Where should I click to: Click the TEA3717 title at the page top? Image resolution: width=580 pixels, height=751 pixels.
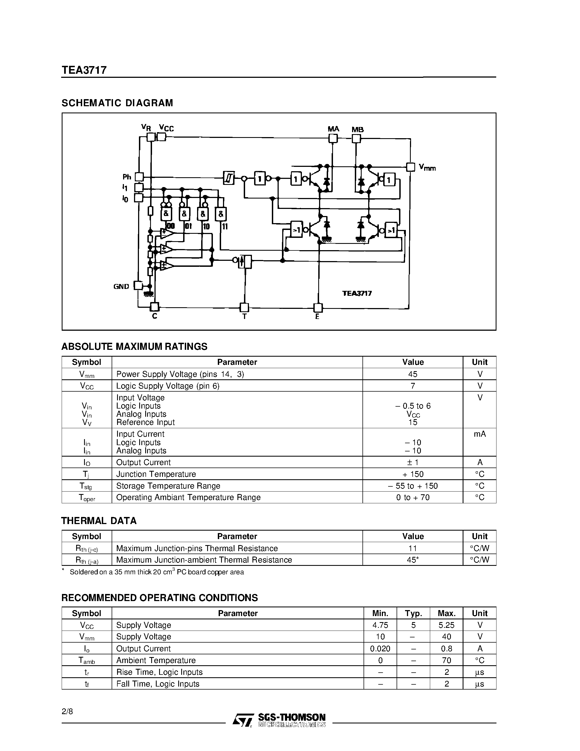click(84, 70)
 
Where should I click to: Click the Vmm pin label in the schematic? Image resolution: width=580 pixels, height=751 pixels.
click(427, 168)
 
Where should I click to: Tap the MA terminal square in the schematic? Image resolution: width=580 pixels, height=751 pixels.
click(333, 138)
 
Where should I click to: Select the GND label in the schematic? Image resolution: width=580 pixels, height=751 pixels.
click(121, 286)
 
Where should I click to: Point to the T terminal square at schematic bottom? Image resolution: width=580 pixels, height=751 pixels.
click(244, 307)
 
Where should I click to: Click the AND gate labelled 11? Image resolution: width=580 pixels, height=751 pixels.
click(221, 214)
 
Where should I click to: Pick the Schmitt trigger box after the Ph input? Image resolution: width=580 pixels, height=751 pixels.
click(229, 178)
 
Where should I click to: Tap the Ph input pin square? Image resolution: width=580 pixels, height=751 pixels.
click(139, 177)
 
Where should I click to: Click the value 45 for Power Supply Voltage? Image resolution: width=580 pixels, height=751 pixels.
click(413, 374)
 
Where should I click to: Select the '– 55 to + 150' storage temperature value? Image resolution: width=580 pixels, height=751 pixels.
click(413, 486)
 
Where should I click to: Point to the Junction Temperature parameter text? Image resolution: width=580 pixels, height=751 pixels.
click(156, 474)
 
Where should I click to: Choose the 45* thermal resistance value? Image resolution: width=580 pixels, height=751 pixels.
click(413, 560)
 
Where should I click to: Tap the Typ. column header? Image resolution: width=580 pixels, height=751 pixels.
click(413, 613)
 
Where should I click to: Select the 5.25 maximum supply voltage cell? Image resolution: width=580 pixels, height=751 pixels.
click(446, 625)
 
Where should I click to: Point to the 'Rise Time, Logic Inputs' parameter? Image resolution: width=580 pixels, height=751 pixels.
click(159, 672)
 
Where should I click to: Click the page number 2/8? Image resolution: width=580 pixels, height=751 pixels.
click(67, 711)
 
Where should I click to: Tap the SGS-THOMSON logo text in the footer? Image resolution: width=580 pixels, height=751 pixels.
click(292, 717)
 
